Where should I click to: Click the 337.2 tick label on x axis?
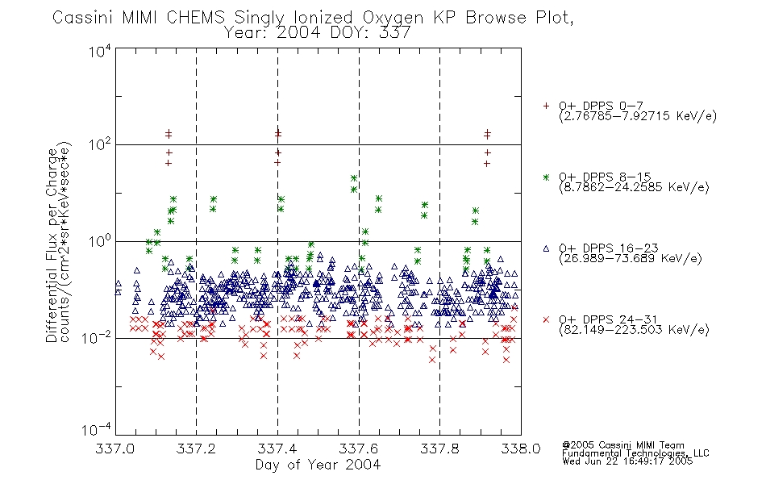(x=197, y=449)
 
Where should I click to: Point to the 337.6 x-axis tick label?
(x=359, y=449)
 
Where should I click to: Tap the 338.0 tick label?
(x=521, y=449)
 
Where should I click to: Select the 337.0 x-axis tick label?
(x=115, y=449)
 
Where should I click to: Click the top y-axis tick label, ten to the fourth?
(x=100, y=51)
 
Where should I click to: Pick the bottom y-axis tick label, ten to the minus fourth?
(x=97, y=429)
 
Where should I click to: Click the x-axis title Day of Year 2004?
(x=318, y=465)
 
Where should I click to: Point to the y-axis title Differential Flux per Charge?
(x=52, y=245)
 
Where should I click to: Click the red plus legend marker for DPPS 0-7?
(x=546, y=106)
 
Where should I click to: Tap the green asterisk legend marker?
(x=546, y=177)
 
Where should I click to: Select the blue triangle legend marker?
(x=546, y=248)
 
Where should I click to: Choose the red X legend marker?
(x=546, y=319)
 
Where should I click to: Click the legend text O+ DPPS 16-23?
(x=609, y=248)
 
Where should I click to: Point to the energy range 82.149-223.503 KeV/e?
(x=634, y=330)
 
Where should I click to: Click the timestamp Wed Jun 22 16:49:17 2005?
(x=627, y=461)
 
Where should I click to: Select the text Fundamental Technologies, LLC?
(x=635, y=453)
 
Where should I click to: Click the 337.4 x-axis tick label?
(x=277, y=449)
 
